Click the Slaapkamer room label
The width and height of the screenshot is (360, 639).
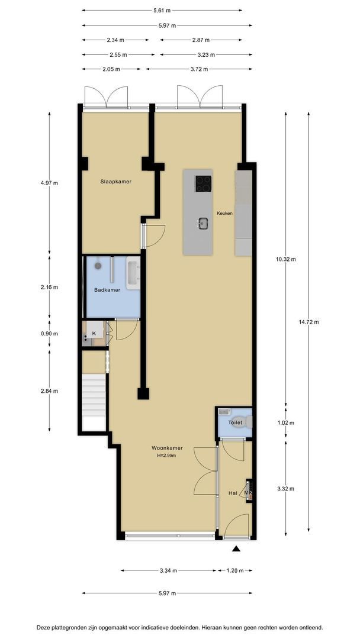pos(116,182)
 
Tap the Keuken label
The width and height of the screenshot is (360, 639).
pos(224,213)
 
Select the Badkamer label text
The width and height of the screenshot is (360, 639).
pos(107,290)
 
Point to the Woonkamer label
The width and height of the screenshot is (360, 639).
pos(167,448)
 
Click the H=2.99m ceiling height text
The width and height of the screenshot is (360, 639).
pos(166,456)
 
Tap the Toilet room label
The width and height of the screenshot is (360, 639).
pos(235,422)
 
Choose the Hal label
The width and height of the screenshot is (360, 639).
pos(233,493)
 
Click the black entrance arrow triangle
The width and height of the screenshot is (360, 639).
pos(236,549)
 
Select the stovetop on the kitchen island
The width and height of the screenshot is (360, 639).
pos(203,183)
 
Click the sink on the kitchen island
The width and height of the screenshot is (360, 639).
pos(203,223)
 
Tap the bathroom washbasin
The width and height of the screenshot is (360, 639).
pos(133,273)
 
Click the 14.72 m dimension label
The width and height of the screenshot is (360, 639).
pos(308,322)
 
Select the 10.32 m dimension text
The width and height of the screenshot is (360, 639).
pos(286,259)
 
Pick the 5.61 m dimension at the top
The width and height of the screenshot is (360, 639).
pos(162,11)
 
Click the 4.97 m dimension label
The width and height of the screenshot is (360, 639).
pos(50,183)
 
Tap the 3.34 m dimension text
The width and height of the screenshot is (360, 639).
pos(169,570)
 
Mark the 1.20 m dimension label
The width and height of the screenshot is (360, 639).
pos(235,570)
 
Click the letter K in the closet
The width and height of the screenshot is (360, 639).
pos(94,333)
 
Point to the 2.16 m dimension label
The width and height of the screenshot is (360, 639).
pos(50,287)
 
